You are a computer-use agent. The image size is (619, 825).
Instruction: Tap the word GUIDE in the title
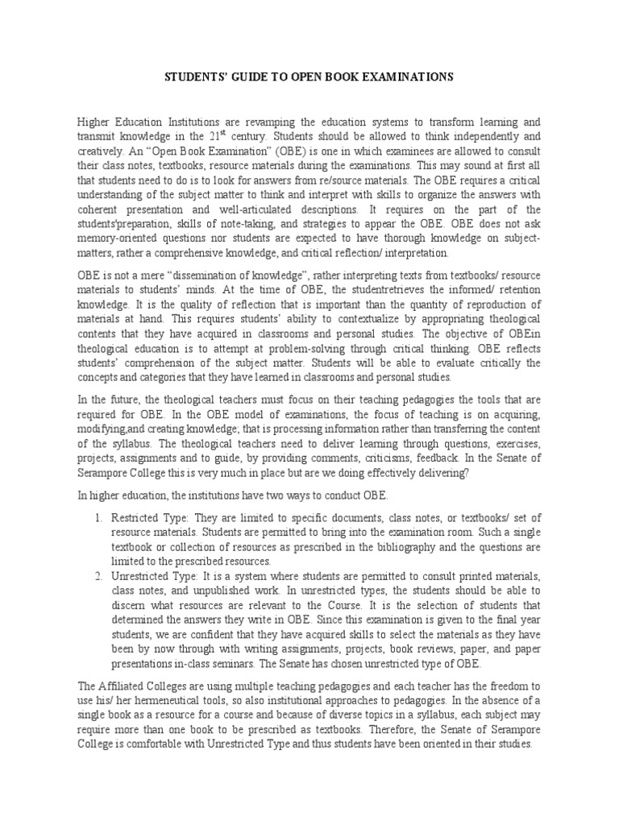(241, 77)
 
